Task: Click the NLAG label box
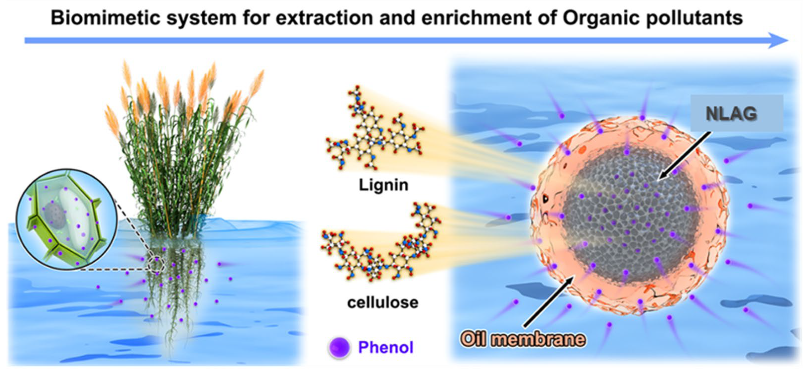(736, 113)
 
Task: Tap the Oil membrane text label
(523, 339)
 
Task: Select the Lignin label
(383, 185)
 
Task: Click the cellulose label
(382, 303)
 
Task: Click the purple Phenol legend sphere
(339, 347)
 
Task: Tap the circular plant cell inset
(67, 219)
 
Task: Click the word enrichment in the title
(476, 18)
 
